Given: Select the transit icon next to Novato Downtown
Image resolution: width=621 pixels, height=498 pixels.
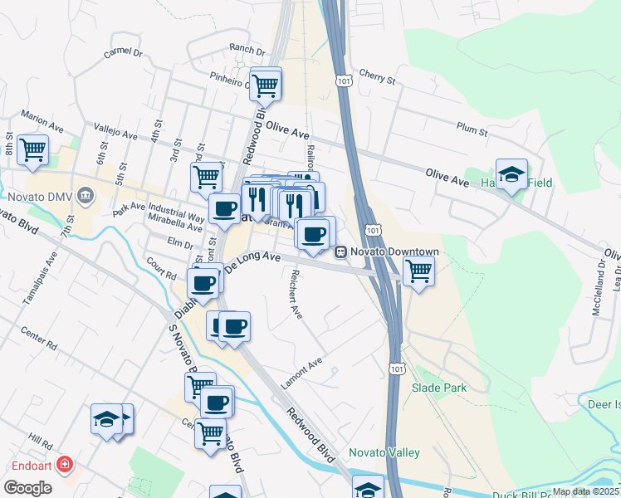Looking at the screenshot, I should pos(340,251).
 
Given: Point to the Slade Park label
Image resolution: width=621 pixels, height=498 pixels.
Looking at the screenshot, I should pos(439,388).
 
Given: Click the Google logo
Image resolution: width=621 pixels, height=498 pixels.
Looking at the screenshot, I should pos(27,488).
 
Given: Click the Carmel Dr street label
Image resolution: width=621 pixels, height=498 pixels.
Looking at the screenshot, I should pos(123,52).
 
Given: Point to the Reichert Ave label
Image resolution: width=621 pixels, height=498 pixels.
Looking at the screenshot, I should pos(295,294).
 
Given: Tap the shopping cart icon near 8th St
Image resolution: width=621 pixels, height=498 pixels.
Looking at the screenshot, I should pos(32,149).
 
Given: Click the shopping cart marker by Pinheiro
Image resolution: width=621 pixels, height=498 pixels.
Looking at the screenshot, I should pos(265,83).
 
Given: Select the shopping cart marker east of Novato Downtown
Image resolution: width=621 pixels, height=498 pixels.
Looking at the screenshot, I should pos(418,270).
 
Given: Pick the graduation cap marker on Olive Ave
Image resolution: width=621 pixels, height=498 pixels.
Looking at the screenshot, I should pos(511,174).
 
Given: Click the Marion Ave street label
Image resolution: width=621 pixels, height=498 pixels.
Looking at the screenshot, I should pos(43,123).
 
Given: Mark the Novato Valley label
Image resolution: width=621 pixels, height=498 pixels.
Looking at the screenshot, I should pos(384,452).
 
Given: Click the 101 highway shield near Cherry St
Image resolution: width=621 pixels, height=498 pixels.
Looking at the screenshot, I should pos(344,80).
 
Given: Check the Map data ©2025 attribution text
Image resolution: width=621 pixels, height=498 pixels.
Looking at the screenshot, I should pos(584,491).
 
